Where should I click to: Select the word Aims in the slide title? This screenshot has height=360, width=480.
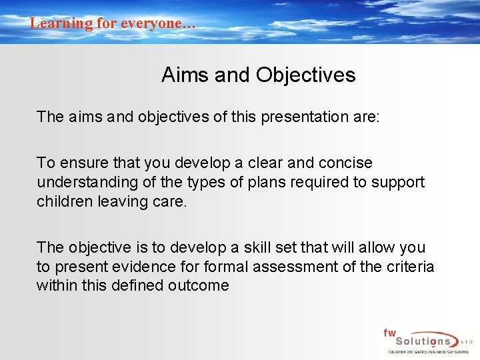click(x=183, y=75)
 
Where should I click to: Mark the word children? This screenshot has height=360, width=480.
click(x=62, y=201)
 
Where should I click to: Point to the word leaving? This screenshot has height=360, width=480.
click(x=119, y=201)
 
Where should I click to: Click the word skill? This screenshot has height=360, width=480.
click(x=247, y=248)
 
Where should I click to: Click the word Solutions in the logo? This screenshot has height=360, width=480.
click(x=420, y=341)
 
